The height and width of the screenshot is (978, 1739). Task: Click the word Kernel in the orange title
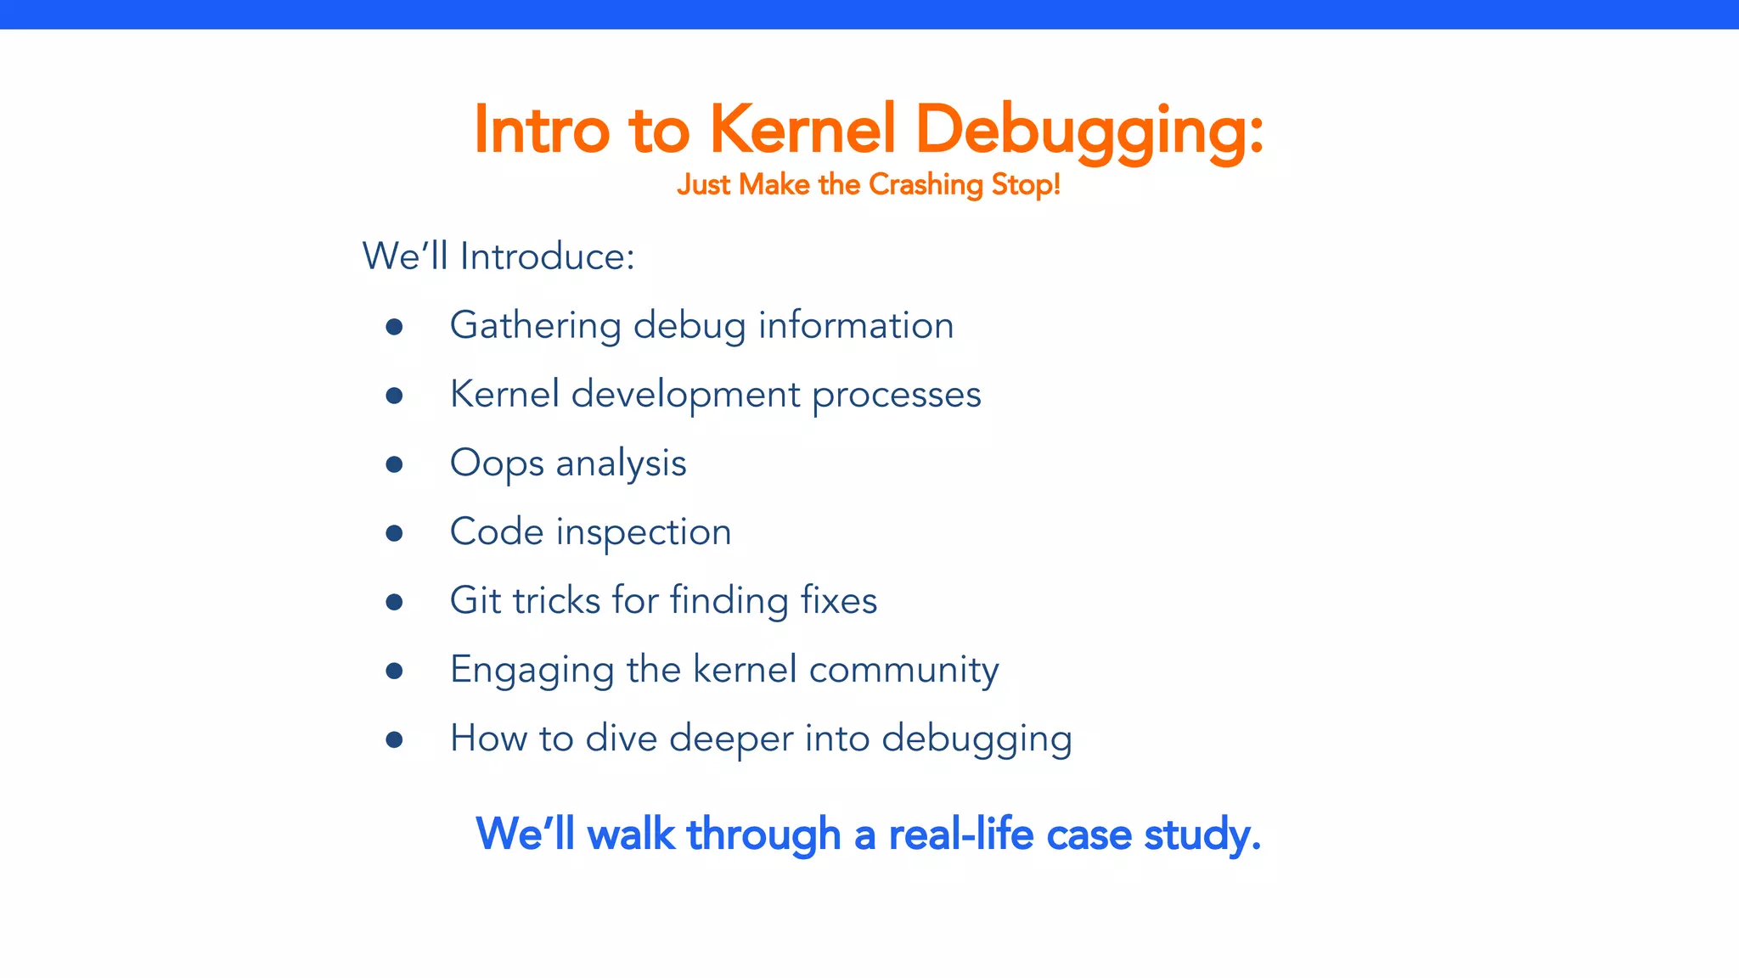[x=802, y=130]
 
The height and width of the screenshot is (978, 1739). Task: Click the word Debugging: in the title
[x=1089, y=130]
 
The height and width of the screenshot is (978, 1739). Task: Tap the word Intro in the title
[x=542, y=130]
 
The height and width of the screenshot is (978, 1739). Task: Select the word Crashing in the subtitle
[x=926, y=184]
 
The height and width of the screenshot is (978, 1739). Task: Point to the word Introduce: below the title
[x=547, y=256]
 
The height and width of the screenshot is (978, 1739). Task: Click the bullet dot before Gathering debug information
[x=394, y=327]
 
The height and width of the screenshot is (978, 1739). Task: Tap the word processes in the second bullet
[x=896, y=396]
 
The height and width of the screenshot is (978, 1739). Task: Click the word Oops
[x=497, y=464]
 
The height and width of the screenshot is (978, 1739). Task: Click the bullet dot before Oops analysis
[x=394, y=464]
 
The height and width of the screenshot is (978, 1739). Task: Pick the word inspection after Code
[x=644, y=533]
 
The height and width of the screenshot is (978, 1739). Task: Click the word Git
[x=476, y=600]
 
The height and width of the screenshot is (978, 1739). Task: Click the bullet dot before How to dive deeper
[x=394, y=739]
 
